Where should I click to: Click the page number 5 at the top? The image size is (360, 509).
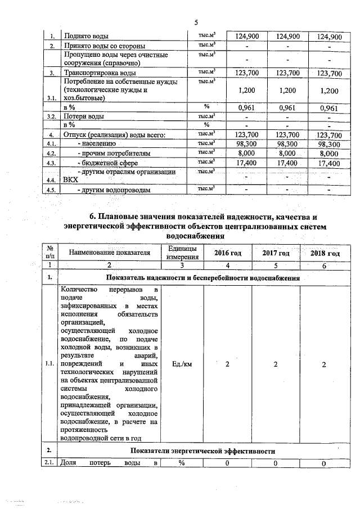point(196,22)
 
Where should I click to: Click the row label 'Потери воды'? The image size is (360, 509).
point(84,116)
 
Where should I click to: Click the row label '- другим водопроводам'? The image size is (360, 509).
point(114,190)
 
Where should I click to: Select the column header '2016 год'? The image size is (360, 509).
point(227,254)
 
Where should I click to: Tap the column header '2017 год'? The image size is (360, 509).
point(276,254)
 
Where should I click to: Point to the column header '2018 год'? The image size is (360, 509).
point(325,254)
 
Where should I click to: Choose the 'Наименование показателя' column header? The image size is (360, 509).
point(110,253)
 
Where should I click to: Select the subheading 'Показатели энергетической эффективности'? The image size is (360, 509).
point(202,451)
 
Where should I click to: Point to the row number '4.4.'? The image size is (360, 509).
point(51,181)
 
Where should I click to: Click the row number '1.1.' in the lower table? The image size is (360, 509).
point(51,364)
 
